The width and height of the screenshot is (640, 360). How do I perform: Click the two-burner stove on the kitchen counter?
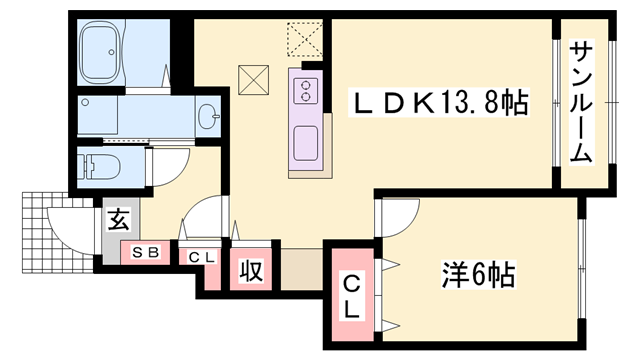[304, 92]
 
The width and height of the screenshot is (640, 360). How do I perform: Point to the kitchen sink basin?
[305, 140]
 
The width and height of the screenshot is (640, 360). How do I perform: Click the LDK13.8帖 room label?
[438, 102]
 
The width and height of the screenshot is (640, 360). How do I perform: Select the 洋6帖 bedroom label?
[478, 272]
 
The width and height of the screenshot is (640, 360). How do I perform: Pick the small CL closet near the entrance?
[202, 256]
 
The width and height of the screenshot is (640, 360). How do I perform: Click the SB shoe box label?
[146, 252]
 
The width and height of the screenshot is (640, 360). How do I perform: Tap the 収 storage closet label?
[250, 271]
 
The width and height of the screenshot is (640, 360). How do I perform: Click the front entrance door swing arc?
[68, 228]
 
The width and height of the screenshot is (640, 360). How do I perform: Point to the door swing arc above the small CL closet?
[200, 220]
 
